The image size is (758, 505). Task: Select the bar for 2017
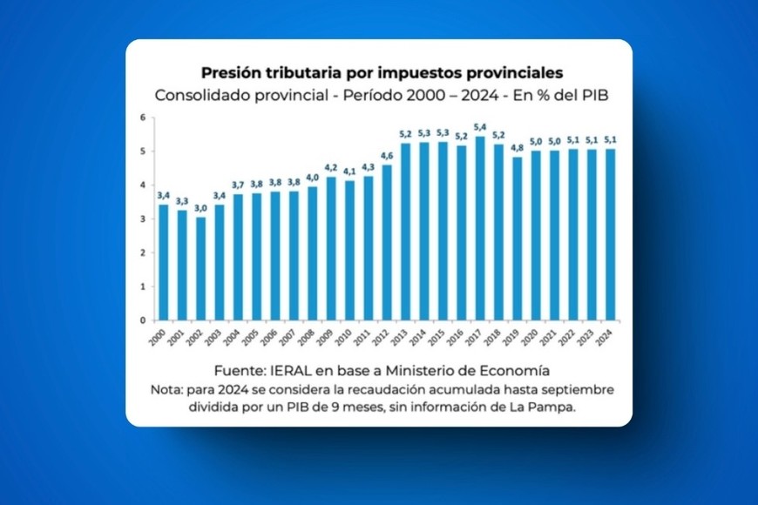tap(480, 228)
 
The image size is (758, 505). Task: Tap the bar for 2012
tap(387, 242)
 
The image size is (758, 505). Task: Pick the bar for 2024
tap(610, 234)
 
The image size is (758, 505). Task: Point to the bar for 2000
tap(163, 262)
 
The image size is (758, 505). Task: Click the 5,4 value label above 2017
tap(480, 127)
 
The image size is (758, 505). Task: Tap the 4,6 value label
tap(387, 155)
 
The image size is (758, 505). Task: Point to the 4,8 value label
tap(517, 148)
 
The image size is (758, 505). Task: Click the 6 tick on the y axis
tap(142, 117)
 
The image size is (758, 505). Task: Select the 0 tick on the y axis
tap(142, 320)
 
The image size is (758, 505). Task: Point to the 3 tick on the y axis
tap(142, 219)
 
